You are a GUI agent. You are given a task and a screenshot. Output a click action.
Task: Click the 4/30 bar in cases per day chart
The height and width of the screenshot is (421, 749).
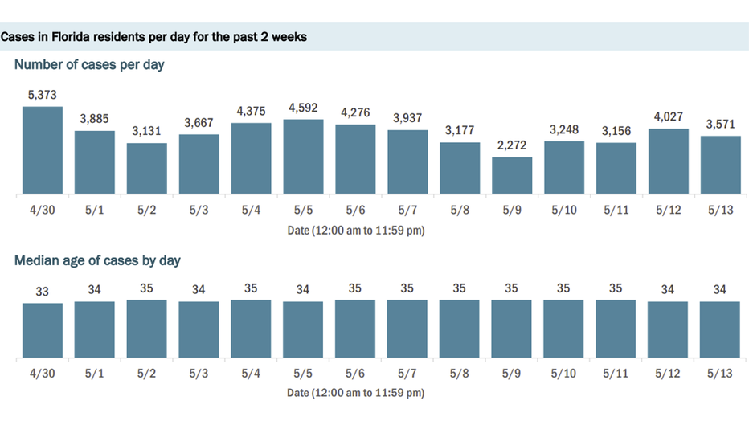(42, 151)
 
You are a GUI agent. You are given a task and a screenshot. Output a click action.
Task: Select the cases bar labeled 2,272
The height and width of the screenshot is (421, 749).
(512, 176)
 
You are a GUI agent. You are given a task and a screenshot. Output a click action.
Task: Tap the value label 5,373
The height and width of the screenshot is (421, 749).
(42, 95)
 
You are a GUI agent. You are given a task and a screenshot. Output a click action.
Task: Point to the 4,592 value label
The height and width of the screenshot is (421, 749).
(303, 108)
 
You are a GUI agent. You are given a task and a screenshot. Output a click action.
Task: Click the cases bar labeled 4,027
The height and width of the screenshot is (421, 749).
(669, 161)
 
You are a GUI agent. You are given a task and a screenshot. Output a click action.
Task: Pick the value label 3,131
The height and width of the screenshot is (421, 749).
(146, 132)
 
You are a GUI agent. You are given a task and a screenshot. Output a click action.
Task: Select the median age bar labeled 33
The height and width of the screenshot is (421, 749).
(42, 330)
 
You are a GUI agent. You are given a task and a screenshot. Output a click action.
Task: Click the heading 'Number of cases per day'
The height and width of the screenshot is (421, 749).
(89, 64)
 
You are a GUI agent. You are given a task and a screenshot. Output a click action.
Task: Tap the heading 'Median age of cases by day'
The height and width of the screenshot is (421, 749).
(97, 260)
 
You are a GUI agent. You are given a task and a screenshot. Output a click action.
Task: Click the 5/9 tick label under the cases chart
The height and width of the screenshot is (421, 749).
(512, 211)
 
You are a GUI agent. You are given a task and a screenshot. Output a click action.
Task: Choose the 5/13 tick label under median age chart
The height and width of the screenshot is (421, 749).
(720, 374)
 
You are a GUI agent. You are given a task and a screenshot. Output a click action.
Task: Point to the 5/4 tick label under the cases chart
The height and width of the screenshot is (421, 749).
(251, 211)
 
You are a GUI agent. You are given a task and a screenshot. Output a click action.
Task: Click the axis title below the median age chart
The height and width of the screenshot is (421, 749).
(356, 393)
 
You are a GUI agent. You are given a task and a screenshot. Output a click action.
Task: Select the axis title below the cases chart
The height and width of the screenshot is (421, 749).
(356, 231)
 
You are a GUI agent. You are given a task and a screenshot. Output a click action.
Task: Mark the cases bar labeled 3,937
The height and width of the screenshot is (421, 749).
(407, 162)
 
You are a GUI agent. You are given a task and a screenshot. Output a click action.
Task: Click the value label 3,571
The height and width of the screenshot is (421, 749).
(720, 125)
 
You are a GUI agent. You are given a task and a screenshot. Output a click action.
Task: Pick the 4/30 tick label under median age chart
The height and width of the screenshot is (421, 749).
(42, 374)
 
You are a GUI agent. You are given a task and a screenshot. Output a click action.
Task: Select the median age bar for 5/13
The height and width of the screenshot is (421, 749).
(720, 329)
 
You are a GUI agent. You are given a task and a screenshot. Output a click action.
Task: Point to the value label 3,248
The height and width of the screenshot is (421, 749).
(564, 129)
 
